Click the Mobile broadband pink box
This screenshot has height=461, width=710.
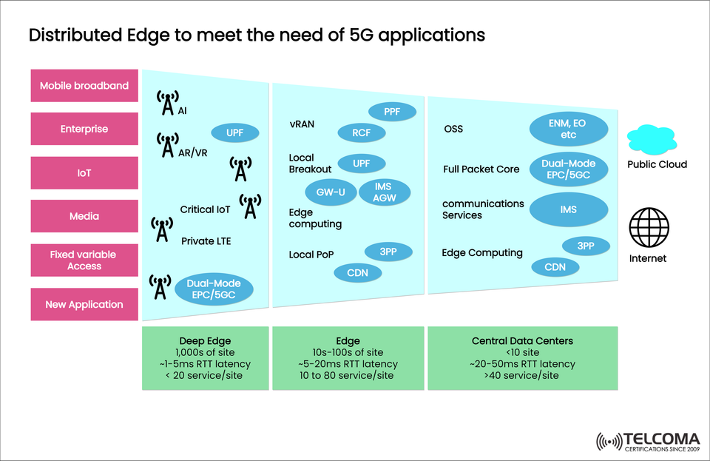coord(84,86)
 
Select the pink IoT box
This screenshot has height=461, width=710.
coord(84,172)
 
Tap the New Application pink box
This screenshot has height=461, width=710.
coord(84,304)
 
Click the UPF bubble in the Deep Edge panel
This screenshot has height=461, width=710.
coord(237,133)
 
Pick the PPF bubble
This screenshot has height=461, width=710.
coord(392,112)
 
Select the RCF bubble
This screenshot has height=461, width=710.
coord(361,133)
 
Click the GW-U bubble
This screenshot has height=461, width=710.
coord(330,191)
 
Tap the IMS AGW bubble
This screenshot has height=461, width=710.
coord(383,192)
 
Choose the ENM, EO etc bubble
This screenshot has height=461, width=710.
coord(569,129)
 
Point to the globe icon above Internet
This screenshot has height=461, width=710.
coord(648,227)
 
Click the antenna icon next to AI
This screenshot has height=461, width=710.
coord(168,104)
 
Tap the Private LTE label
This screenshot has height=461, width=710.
coord(206,240)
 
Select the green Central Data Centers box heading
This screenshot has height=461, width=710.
coord(522,341)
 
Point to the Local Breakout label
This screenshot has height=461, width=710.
coord(310,163)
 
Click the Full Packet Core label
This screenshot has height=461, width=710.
coord(481,169)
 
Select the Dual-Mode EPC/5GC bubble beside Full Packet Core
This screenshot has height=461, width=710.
coord(569,169)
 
